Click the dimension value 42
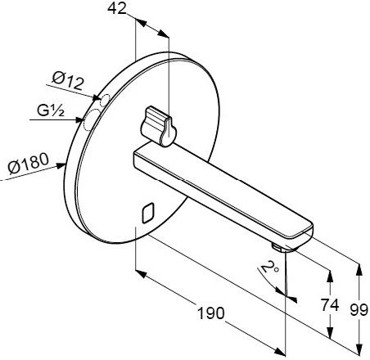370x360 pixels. (x=117, y=8)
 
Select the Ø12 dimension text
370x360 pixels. (x=67, y=81)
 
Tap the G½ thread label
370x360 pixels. (x=51, y=110)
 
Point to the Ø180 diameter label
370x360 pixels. (x=29, y=163)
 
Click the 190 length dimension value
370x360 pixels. (x=211, y=313)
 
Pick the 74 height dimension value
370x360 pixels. (x=330, y=305)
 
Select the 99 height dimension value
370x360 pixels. (x=359, y=310)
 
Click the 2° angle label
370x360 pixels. (x=269, y=267)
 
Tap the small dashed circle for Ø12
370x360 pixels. (x=105, y=100)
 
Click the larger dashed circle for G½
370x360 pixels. (x=90, y=119)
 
